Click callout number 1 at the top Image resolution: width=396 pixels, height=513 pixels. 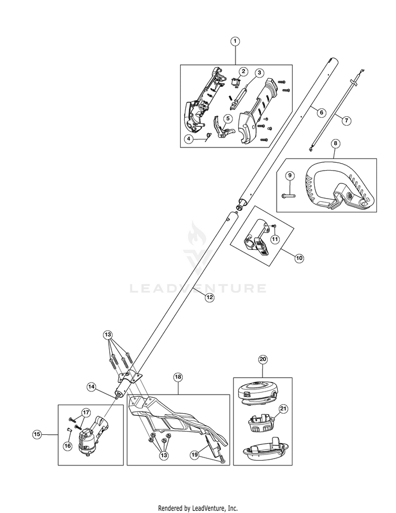(235, 41)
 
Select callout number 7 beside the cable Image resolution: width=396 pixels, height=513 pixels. (346, 120)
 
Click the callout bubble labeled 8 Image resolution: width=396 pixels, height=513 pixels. (335, 143)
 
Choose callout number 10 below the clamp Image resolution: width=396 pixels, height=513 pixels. (299, 258)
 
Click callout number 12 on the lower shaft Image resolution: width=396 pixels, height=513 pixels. (210, 297)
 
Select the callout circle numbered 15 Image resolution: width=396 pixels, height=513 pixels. (37, 434)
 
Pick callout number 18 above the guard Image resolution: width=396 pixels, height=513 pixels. (178, 377)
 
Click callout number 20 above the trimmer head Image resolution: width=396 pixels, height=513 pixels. (262, 359)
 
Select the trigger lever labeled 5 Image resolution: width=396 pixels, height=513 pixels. (223, 129)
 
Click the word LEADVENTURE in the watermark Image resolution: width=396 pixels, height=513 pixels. (198, 288)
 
